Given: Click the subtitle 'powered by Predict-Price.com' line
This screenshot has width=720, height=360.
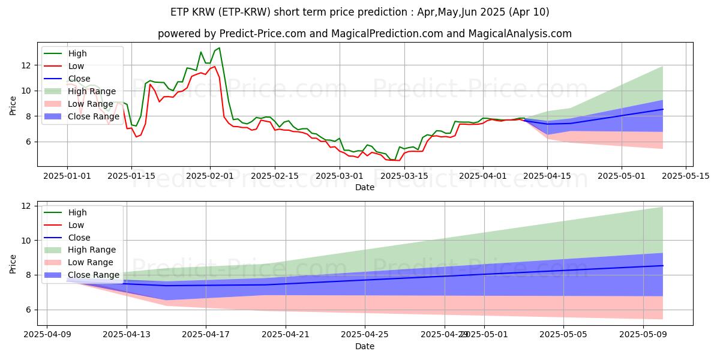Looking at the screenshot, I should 364,34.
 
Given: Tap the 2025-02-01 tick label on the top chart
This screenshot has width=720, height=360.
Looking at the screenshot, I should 210,176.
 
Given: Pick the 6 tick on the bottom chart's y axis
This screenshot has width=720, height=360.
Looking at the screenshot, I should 27,310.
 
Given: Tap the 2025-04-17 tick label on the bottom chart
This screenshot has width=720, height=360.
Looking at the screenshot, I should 206,335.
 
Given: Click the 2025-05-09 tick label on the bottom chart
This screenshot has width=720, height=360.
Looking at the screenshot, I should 643,335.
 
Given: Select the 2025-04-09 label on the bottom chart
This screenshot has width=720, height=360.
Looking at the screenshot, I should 47,335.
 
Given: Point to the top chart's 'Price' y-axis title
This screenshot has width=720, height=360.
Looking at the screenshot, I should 13,106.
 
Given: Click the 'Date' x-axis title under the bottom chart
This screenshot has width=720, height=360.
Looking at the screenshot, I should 364,346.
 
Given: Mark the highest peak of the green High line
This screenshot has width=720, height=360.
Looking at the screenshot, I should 219,47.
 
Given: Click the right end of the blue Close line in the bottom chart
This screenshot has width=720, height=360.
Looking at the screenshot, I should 662,265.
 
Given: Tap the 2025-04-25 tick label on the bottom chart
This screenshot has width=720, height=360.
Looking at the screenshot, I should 365,335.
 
